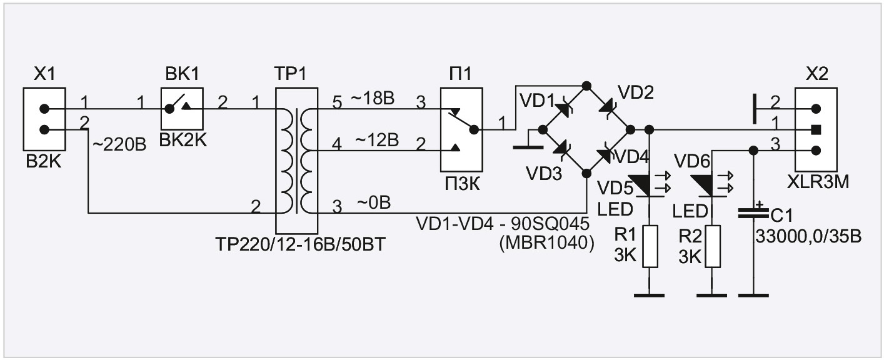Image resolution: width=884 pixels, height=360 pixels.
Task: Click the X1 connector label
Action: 44,74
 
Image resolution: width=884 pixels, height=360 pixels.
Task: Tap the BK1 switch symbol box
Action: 182,109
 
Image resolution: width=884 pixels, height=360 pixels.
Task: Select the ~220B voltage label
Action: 119,144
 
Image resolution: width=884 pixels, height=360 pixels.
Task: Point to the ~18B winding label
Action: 373,99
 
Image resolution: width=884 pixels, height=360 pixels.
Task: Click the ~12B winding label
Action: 377,140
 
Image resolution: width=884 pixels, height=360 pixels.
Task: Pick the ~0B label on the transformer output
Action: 374,203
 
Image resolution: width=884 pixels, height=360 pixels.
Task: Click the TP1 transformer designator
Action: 290,74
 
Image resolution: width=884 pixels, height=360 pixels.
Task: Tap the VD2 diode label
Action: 636,92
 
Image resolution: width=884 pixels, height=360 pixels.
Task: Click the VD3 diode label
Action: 544,174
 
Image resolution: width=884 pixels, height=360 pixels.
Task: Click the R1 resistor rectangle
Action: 650,247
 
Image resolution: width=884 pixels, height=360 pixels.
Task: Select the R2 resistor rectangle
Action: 713,247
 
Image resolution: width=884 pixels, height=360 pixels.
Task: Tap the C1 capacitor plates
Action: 753,214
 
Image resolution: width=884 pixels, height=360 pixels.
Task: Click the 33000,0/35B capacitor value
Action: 808,236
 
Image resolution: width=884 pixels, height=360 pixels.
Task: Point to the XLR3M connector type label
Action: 817,182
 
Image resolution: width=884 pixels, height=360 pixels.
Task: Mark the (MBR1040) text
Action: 546,243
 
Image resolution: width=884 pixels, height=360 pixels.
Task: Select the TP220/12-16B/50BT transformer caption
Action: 300,245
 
